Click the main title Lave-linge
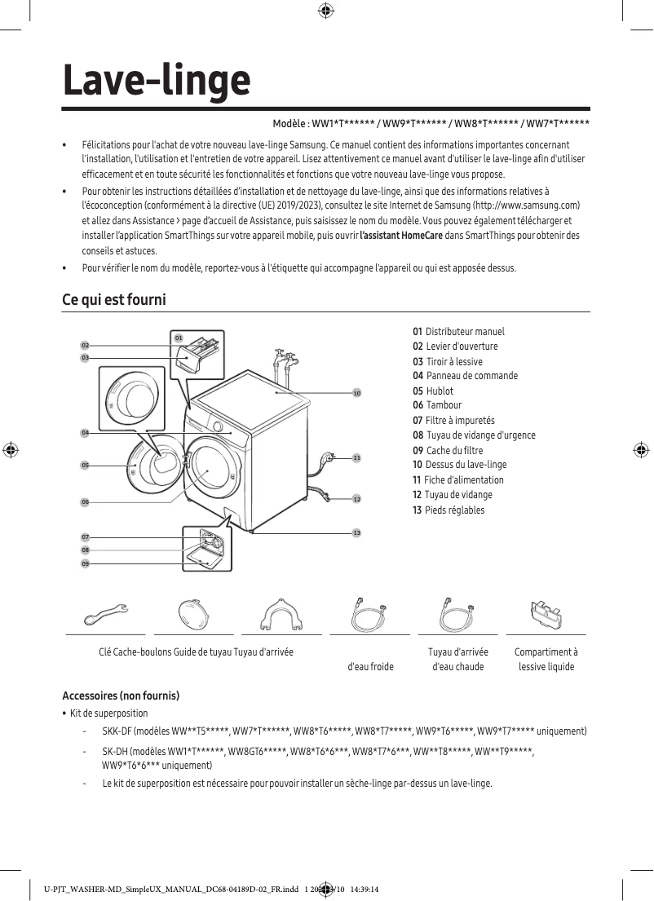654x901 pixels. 157,80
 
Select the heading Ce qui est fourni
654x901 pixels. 114,300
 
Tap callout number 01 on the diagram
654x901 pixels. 178,337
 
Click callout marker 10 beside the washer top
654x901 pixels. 356,393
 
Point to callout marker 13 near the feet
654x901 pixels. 356,532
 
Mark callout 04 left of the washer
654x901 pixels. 85,432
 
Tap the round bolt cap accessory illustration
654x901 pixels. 193,613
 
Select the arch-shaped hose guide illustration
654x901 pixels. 281,613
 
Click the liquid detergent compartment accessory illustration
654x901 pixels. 546,612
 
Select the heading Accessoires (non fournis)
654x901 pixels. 121,696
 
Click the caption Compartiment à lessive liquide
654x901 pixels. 546,659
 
